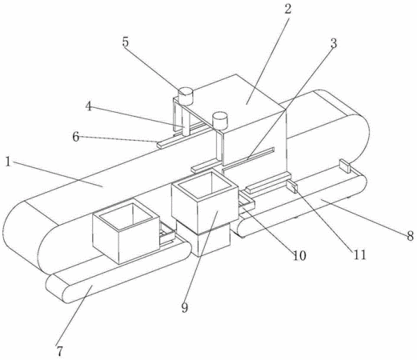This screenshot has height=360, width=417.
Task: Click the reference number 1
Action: point(8,162)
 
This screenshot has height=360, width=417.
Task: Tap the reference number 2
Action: point(287,9)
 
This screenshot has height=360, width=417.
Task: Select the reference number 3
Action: point(334,43)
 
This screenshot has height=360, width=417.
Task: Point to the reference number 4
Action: point(89,106)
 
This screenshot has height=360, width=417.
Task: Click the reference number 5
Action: point(126,42)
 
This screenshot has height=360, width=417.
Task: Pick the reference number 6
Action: point(76,137)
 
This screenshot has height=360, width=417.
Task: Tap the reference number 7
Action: point(60,350)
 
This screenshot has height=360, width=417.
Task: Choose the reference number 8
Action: point(411,236)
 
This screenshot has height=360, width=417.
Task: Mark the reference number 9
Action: point(185,308)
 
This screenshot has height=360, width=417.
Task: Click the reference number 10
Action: point(299,256)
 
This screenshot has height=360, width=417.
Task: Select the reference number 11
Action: point(360,255)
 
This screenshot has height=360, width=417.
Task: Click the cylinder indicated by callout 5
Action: point(186,96)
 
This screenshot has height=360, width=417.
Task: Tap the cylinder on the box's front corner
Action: point(219,121)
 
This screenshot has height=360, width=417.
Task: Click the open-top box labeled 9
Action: point(205,198)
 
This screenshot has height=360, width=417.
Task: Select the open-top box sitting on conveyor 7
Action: point(126,233)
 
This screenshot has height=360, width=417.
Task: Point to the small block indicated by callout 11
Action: point(292,186)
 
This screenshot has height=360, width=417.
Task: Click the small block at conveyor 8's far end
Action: point(344,166)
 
